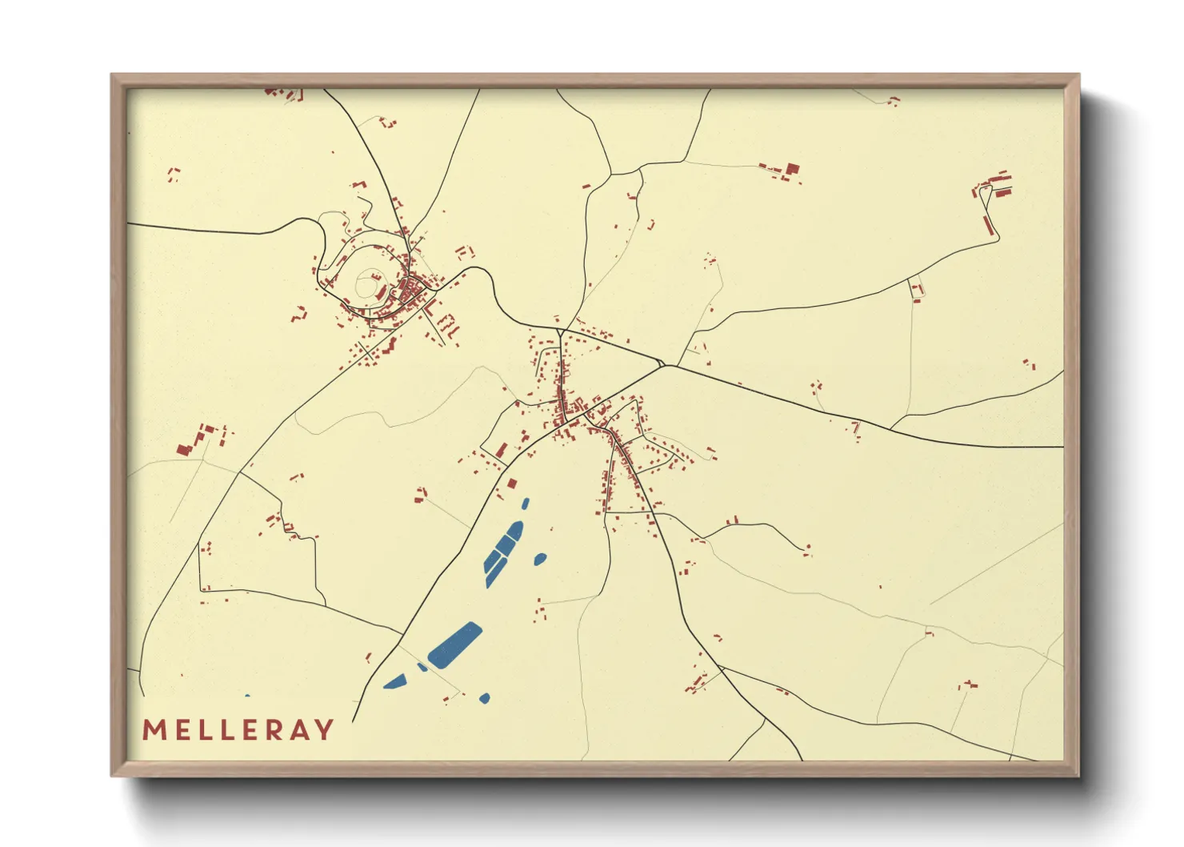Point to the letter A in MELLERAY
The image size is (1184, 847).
(x=298, y=730)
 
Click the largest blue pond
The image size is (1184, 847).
(x=455, y=645)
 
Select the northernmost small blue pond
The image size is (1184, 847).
(x=525, y=504)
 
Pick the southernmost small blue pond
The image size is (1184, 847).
(x=484, y=699)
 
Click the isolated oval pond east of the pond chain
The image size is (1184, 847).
(x=540, y=559)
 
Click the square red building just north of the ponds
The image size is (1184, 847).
(x=512, y=484)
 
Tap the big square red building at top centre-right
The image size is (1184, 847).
(x=792, y=169)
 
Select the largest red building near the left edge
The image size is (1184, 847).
(x=183, y=449)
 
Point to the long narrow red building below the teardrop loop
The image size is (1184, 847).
(x=988, y=219)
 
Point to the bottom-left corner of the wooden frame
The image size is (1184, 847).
(x=113, y=775)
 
